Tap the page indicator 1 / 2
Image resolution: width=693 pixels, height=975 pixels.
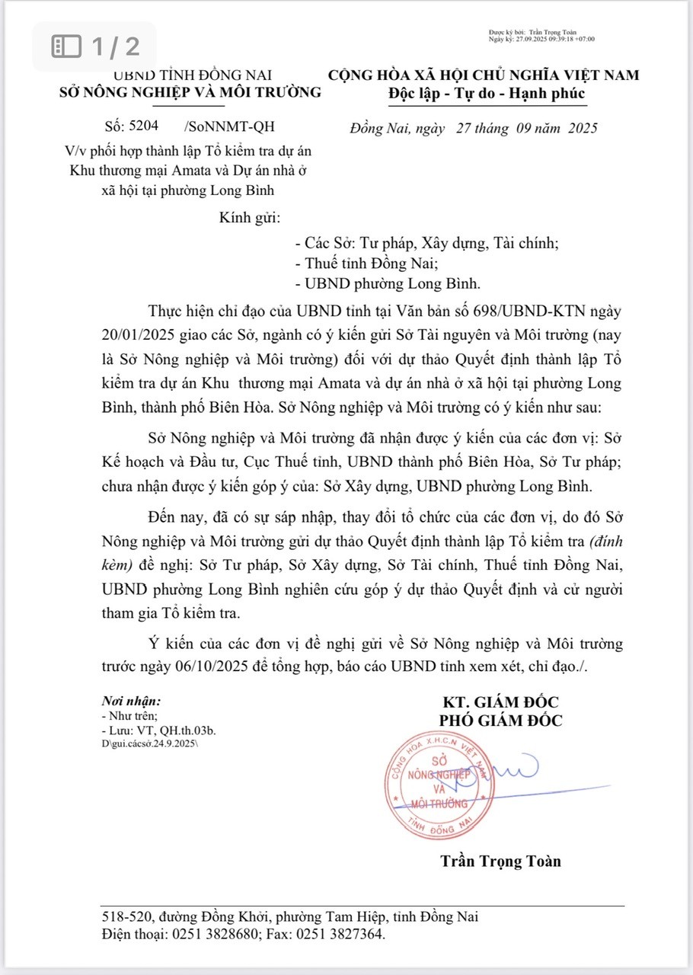tap(97, 47)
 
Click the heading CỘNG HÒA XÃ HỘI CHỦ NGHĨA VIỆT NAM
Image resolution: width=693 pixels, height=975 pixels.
tap(484, 75)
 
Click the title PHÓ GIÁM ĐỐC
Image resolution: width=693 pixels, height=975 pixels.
tap(500, 721)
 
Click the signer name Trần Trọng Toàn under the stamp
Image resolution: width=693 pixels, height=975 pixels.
tap(500, 862)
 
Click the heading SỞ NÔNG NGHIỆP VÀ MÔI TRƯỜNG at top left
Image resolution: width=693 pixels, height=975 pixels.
tap(190, 93)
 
